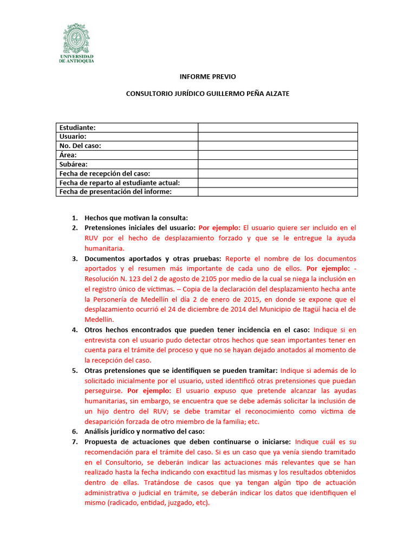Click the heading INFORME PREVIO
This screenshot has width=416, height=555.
pos(207,77)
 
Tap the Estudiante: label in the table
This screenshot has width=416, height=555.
pos(77,127)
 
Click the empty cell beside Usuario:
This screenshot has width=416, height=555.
pos(277,137)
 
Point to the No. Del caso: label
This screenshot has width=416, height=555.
pos(80,146)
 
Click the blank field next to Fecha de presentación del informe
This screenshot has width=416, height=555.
pos(277,192)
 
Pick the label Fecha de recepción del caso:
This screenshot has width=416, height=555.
pos(104,173)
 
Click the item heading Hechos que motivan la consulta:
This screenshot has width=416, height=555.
pos(136,218)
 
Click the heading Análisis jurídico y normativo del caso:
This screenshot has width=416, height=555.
pos(145,431)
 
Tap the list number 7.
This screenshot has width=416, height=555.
pos(75,442)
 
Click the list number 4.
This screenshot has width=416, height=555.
pos(75,330)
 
